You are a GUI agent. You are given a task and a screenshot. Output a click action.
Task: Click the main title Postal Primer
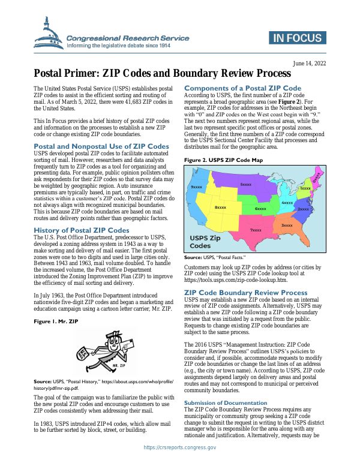[158, 74]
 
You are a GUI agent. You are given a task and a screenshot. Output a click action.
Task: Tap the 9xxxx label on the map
[196, 188]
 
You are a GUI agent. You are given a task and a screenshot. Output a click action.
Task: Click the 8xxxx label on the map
[220, 207]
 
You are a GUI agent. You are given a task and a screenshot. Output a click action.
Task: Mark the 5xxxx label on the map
[245, 184]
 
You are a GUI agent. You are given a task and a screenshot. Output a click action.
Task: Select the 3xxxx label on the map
[287, 225]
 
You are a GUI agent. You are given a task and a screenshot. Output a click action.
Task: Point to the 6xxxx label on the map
[260, 208]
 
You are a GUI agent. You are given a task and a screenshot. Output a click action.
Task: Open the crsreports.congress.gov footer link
[180, 447]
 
